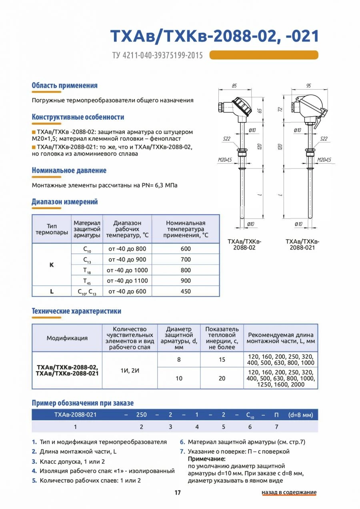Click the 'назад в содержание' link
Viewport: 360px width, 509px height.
coord(289,492)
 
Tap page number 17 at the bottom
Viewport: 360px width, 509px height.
coord(178,493)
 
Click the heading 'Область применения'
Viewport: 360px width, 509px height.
coord(64,86)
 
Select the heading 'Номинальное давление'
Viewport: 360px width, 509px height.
coord(69,170)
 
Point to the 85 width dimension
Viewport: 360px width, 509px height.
coord(234,86)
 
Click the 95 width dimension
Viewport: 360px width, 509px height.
coord(308,86)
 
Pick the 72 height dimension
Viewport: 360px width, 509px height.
coord(280,109)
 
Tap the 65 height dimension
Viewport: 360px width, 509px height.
coord(259,111)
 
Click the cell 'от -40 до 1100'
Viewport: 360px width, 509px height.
coord(128,281)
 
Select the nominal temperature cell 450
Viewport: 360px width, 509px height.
coord(186,291)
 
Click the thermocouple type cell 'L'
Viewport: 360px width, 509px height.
coord(52,291)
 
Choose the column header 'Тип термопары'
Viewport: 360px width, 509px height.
coord(52,229)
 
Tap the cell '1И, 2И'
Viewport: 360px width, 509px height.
coord(130,370)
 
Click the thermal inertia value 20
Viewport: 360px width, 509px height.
coord(222,378)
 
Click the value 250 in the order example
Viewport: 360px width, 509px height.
coord(142,415)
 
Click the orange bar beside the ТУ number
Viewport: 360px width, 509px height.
coord(264,55)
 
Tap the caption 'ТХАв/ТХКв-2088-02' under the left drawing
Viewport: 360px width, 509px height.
coord(244,245)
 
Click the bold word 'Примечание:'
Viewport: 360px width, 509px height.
coord(207,459)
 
